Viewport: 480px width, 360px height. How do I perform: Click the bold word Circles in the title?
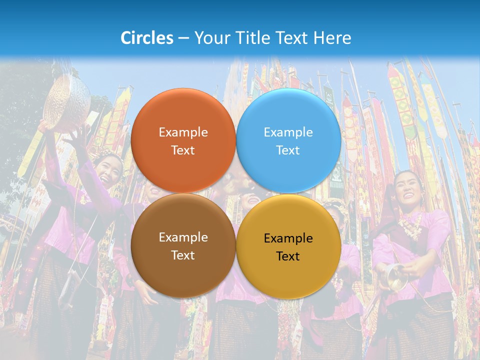point(147,38)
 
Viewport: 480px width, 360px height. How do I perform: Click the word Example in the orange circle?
point(183,132)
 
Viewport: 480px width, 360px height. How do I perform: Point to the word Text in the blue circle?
point(288,150)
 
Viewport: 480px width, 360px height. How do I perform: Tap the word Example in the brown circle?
point(183,237)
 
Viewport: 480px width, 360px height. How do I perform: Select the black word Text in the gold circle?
point(288,256)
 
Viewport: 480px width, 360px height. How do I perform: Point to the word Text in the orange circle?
point(183,150)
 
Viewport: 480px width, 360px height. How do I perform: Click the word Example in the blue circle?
point(288,132)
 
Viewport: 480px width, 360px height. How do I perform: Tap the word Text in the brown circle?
point(183,255)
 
